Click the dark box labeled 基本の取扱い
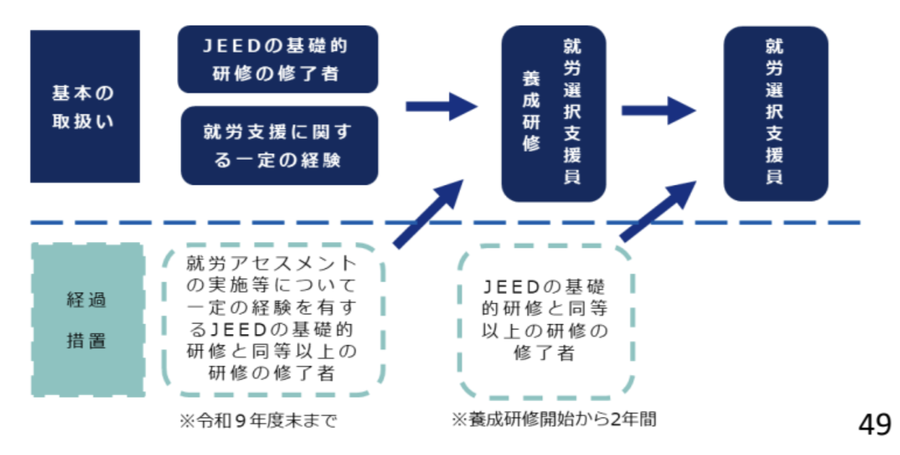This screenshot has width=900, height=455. (x=85, y=106)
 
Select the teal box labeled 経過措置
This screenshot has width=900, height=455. (x=87, y=320)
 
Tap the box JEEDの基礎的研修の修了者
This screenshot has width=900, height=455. (x=278, y=59)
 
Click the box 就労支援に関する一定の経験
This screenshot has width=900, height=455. (x=279, y=145)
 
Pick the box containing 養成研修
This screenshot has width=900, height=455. (x=553, y=113)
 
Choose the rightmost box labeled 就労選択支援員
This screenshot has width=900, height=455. (x=775, y=113)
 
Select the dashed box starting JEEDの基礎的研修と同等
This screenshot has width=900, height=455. (x=545, y=320)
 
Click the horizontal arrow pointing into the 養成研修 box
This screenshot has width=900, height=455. (x=440, y=107)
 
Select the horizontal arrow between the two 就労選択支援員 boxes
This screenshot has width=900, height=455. (x=658, y=110)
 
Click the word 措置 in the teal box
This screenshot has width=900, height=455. (x=86, y=342)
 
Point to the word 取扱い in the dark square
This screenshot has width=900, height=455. (x=84, y=123)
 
